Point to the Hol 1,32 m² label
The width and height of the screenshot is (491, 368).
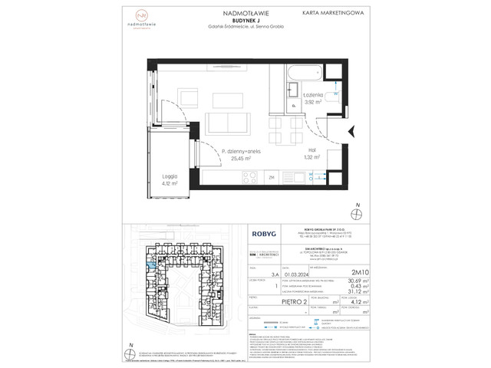click(310, 153)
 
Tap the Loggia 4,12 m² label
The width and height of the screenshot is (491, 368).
click(170, 180)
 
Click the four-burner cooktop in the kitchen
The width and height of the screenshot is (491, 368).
click(251, 177)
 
